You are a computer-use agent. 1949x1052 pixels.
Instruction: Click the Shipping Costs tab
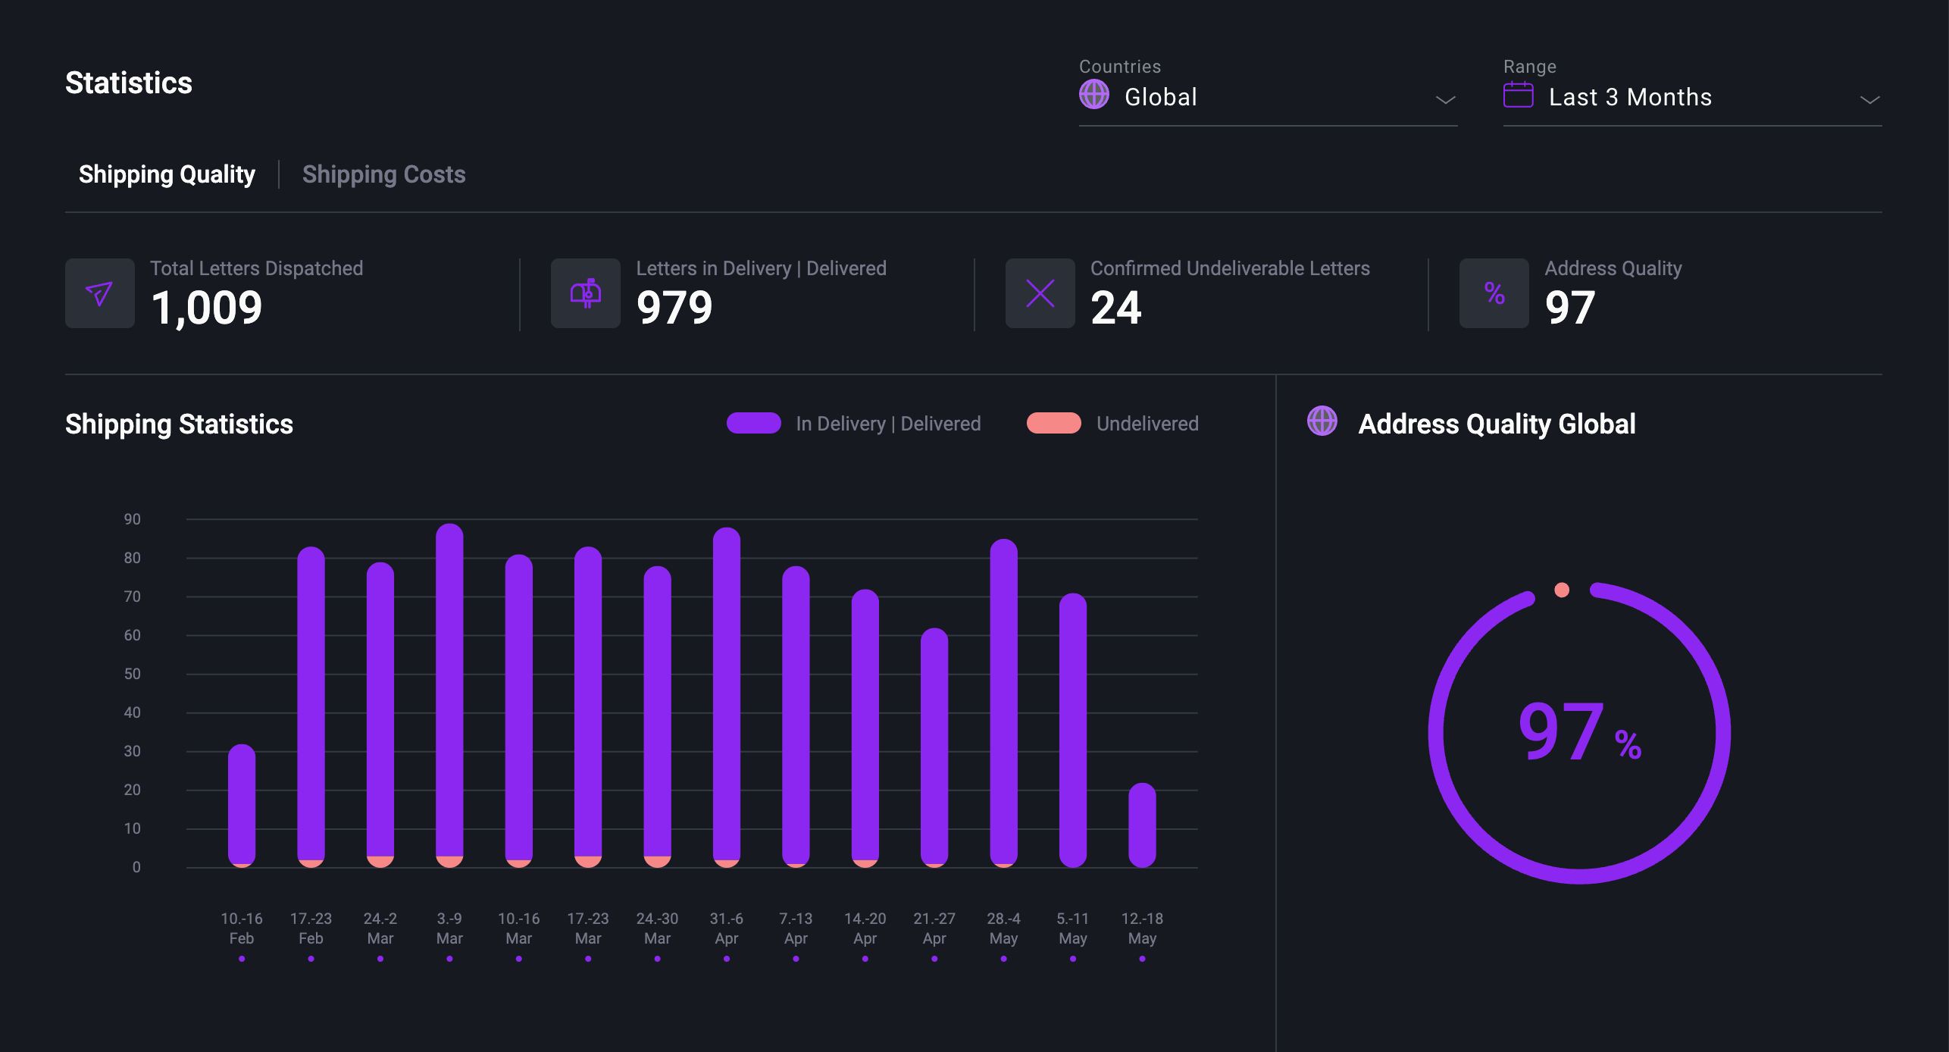[383, 174]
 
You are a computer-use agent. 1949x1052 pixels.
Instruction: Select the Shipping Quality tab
[167, 174]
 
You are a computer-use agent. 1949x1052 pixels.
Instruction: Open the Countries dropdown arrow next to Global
[1445, 99]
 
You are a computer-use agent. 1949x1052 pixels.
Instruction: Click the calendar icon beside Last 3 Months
[1518, 95]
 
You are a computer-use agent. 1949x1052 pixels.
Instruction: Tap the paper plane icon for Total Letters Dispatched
[99, 293]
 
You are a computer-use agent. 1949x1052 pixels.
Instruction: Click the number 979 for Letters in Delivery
[674, 308]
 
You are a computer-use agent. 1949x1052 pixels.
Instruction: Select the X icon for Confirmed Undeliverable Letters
[1040, 293]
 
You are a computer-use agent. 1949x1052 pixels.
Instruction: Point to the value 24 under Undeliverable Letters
[1115, 308]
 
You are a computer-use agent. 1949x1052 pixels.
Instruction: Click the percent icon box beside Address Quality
[1494, 293]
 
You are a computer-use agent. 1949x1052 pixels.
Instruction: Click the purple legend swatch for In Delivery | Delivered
[753, 423]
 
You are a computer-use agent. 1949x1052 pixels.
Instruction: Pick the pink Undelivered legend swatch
[1053, 423]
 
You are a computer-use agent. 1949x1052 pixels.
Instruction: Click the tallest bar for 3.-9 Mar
[449, 694]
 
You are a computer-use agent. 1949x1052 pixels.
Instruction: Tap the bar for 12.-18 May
[1142, 825]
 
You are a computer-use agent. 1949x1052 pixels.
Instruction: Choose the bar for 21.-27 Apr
[934, 747]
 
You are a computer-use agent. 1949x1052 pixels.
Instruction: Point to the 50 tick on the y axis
[133, 674]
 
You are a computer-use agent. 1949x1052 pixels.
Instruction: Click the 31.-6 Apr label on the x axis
[726, 928]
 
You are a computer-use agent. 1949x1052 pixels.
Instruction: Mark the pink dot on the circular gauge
[1562, 590]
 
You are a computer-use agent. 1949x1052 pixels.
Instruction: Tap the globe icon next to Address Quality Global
[1322, 421]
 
